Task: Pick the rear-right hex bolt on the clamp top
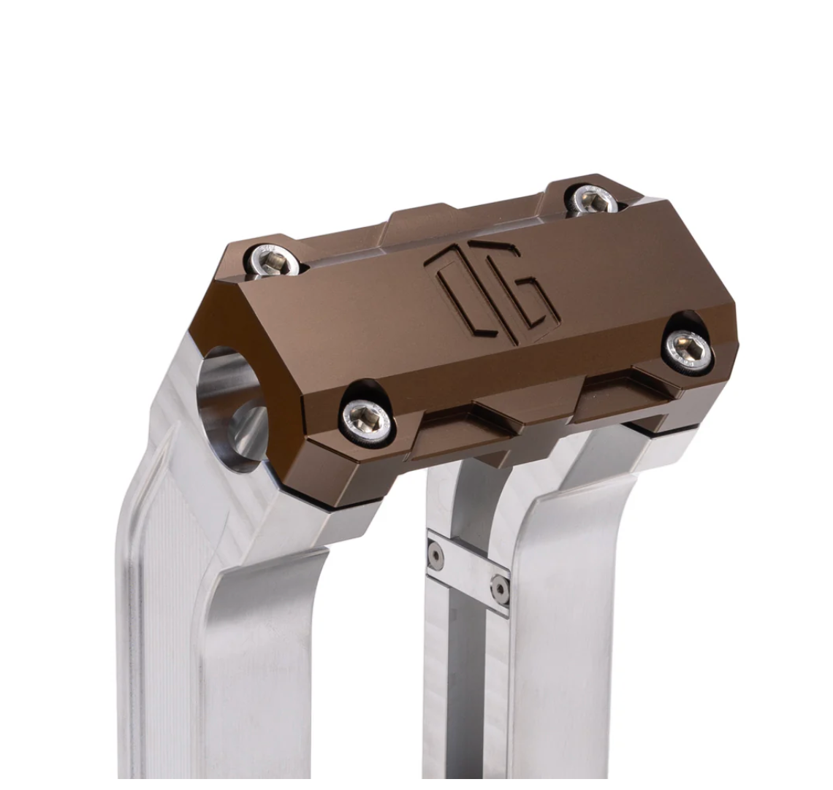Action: pyautogui.click(x=593, y=199)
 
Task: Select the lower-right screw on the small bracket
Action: pyautogui.click(x=500, y=587)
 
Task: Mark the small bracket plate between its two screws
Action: pyautogui.click(x=468, y=572)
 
